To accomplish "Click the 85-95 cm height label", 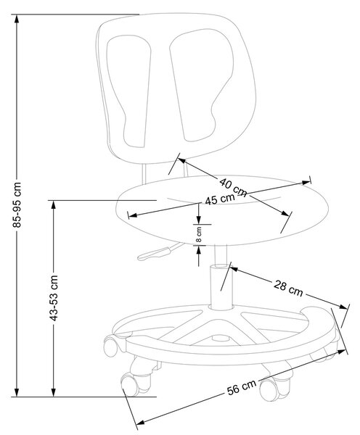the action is (17, 205).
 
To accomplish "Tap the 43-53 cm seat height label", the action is (54, 298).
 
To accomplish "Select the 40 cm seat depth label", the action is (233, 188).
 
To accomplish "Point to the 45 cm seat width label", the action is (220, 199).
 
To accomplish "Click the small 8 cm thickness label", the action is (199, 235).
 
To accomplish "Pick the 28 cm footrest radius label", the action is (288, 289).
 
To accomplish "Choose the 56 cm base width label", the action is (242, 388).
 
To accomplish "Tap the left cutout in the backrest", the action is (129, 91).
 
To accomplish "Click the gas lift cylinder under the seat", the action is (221, 287).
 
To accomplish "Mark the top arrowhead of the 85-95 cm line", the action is (17, 19).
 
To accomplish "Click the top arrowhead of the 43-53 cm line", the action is (54, 205).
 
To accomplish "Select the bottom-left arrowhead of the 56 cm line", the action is (141, 423).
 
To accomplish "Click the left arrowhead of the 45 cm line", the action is (133, 215).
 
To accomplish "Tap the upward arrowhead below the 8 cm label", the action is (199, 250).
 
